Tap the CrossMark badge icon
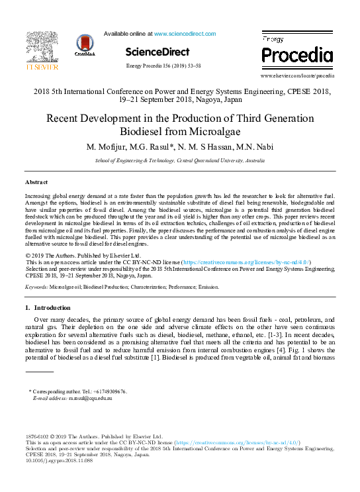[x=85, y=45]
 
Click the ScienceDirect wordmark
[x=157, y=52]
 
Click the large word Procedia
[x=297, y=54]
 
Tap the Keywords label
[x=36, y=288]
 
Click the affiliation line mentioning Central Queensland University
[x=180, y=160]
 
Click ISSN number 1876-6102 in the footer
[x=38, y=437]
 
